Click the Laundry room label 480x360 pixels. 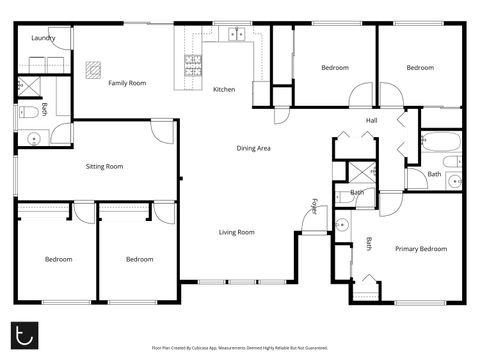pyautogui.click(x=42, y=38)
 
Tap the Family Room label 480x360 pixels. pyautogui.click(x=127, y=83)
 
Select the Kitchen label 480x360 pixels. pyautogui.click(x=224, y=90)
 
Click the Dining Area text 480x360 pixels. pyautogui.click(x=253, y=148)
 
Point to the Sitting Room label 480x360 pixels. pyautogui.click(x=104, y=166)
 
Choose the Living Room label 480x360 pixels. pyautogui.click(x=237, y=232)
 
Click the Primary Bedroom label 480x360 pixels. pyautogui.click(x=420, y=248)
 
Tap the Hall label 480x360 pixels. pyautogui.click(x=371, y=121)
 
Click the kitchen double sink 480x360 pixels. pyautogui.click(x=237, y=34)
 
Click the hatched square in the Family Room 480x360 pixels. pyautogui.click(x=93, y=69)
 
